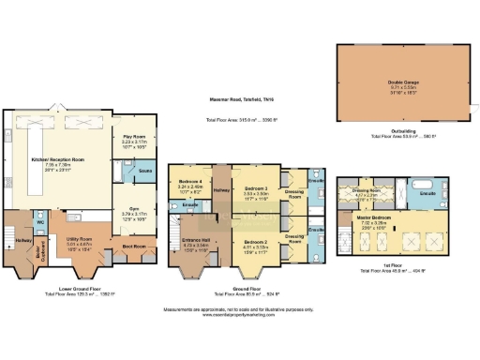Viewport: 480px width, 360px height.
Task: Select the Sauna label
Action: [145, 172]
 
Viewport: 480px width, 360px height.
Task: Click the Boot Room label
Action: [132, 246]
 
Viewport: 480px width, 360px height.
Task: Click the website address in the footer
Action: [239, 315]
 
